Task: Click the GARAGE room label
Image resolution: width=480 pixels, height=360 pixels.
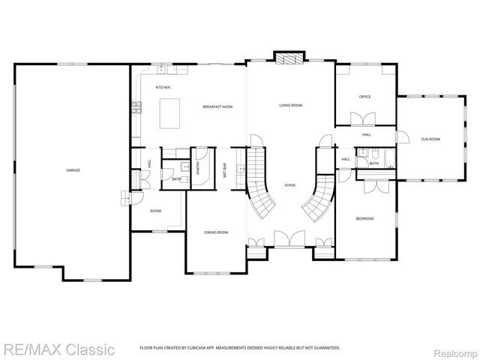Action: click(73, 170)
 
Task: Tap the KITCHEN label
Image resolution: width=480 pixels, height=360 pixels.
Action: click(163, 88)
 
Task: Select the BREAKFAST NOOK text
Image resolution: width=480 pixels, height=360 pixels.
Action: click(217, 107)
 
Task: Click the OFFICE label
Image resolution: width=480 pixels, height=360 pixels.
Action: click(365, 97)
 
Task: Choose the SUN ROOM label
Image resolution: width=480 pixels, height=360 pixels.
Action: click(430, 139)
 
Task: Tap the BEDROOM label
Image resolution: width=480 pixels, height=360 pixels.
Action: click(364, 218)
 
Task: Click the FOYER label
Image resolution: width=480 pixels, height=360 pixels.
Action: click(289, 184)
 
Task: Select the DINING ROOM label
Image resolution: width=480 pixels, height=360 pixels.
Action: click(216, 232)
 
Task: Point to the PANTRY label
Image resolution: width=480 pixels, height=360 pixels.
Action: click(199, 168)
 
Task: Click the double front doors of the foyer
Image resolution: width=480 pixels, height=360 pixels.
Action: click(289, 239)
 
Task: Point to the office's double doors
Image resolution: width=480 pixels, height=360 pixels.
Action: click(366, 118)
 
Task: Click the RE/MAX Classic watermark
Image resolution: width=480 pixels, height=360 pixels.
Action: click(58, 349)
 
